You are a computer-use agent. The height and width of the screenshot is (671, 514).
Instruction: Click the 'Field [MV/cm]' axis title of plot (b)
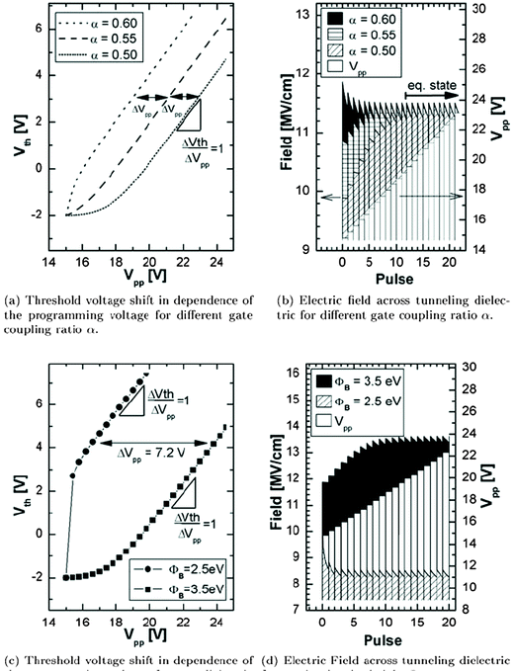coord(279,128)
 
